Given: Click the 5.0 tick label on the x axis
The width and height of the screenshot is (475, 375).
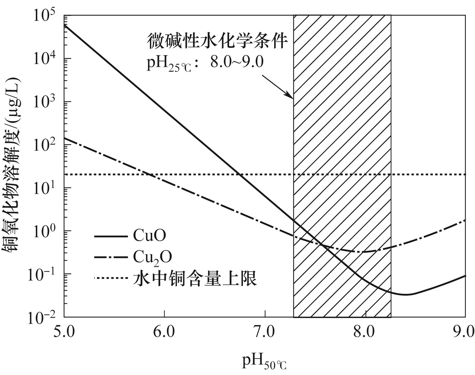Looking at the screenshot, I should [64, 332].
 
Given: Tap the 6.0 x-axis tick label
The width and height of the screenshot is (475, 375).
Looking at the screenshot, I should [165, 332].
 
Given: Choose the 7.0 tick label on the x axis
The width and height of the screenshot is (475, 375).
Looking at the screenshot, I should [265, 332].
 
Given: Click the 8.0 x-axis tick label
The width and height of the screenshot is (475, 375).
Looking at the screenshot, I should [365, 332].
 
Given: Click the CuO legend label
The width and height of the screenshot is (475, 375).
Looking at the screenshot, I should [149, 236].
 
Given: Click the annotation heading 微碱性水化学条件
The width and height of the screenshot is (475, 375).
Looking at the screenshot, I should [217, 41].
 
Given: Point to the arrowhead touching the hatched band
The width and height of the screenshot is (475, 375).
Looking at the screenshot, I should [292, 97].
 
